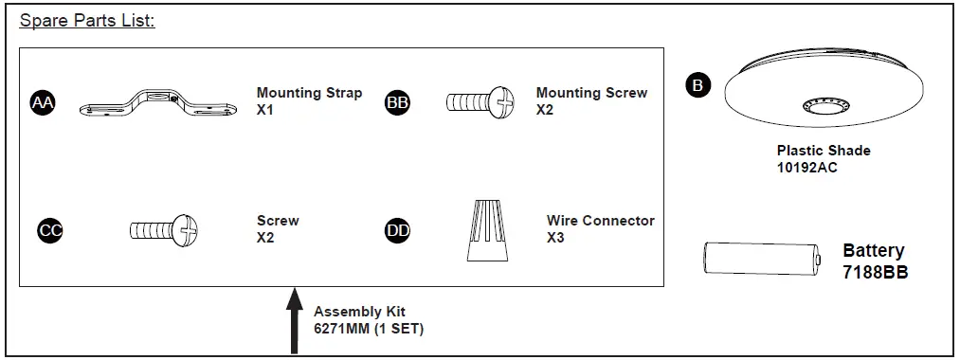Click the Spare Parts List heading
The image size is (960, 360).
(x=87, y=20)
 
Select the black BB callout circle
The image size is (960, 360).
(x=398, y=102)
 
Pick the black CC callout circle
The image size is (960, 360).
(x=49, y=229)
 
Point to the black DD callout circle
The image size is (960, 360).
(x=398, y=229)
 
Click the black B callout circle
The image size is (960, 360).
(x=697, y=85)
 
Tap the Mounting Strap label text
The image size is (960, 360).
(x=309, y=93)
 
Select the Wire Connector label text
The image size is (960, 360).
(x=601, y=221)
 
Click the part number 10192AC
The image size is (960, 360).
(x=806, y=168)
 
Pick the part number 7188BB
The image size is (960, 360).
(x=876, y=270)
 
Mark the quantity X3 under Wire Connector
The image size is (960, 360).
(x=556, y=237)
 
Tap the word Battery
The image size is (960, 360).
(x=873, y=251)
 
